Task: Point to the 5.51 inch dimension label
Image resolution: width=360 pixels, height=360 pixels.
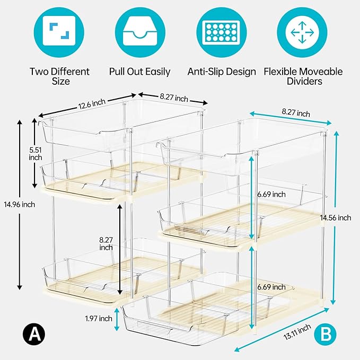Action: click(x=36, y=154)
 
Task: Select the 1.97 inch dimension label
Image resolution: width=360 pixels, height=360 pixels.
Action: click(x=98, y=319)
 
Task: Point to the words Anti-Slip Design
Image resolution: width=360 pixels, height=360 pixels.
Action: click(x=222, y=72)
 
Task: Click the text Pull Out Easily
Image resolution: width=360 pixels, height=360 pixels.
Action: click(x=139, y=72)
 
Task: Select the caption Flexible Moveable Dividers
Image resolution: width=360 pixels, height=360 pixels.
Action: click(x=303, y=76)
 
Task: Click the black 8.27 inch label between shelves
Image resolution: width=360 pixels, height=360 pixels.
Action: click(x=106, y=243)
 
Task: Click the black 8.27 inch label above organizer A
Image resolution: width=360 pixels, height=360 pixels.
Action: click(x=174, y=98)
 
